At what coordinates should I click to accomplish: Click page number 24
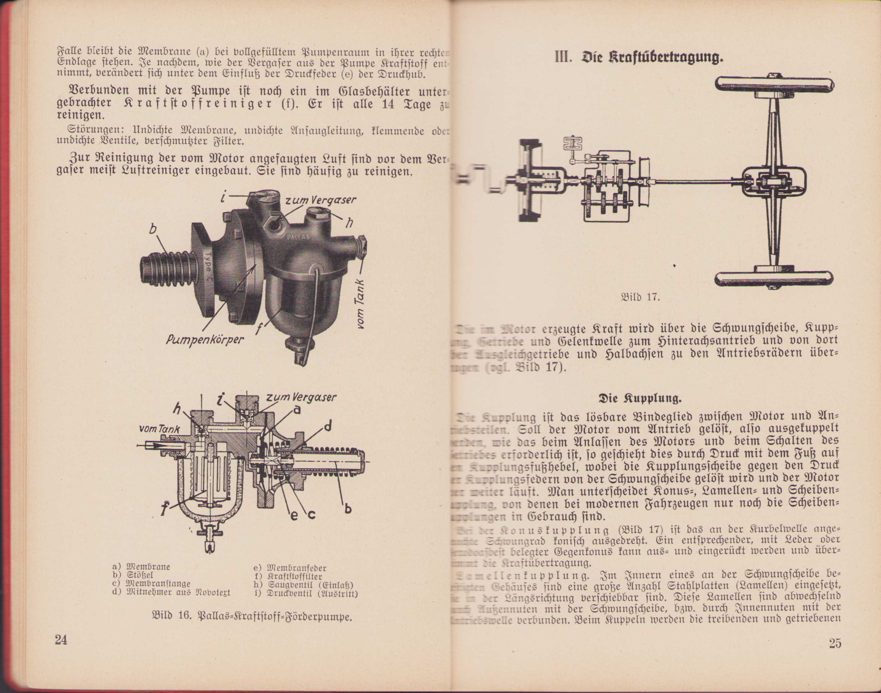61,639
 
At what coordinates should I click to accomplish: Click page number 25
835,643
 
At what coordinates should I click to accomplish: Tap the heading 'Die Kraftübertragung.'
639,58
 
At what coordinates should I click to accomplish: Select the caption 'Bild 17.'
640,297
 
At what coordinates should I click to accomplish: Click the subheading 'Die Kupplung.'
640,397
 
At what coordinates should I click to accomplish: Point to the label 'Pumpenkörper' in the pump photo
205,340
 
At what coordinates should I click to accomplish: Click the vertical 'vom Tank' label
361,304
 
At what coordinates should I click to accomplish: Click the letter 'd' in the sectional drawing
328,426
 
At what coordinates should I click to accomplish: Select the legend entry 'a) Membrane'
141,567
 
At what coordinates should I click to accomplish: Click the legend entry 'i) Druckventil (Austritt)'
306,593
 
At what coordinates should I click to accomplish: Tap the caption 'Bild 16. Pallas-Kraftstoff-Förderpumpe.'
251,616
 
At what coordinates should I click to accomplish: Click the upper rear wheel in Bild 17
774,85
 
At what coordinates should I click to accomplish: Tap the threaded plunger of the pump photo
167,270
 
